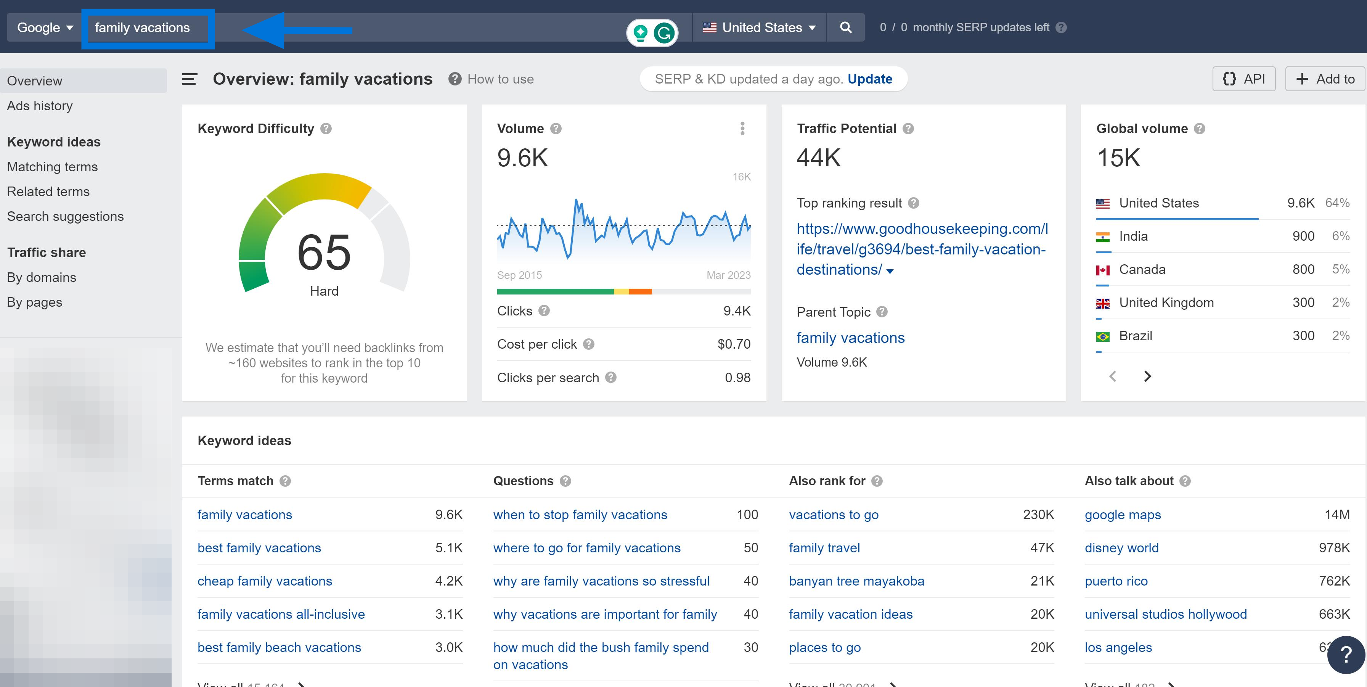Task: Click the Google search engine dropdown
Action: click(x=45, y=27)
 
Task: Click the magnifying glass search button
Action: click(x=845, y=27)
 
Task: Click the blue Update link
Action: click(x=869, y=79)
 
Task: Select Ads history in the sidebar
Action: click(x=40, y=106)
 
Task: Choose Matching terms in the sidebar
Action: click(x=52, y=167)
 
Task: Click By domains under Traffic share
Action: click(x=42, y=277)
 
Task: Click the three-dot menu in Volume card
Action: click(x=742, y=129)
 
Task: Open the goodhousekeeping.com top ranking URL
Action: click(x=921, y=249)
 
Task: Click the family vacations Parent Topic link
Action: click(x=850, y=338)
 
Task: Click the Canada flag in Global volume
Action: click(x=1102, y=270)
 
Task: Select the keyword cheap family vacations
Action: click(x=264, y=581)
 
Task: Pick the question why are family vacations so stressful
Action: click(x=601, y=581)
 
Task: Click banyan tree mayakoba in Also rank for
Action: click(x=856, y=581)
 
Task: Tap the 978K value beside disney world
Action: click(x=1333, y=548)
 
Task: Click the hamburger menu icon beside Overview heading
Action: click(x=190, y=79)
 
